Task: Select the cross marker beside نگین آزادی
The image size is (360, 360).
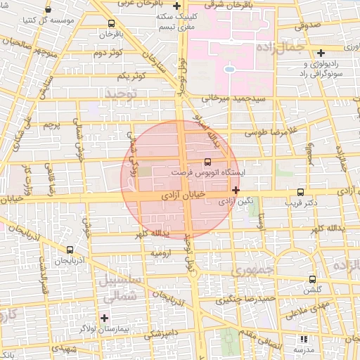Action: pyautogui.click(x=235, y=190)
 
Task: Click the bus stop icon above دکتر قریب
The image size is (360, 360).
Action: pyautogui.click(x=301, y=192)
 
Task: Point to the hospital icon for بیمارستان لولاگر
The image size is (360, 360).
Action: pyautogui.click(x=105, y=318)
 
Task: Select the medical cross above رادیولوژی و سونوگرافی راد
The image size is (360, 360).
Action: pyautogui.click(x=321, y=53)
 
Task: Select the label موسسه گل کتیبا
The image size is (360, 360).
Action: pyautogui.click(x=49, y=21)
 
